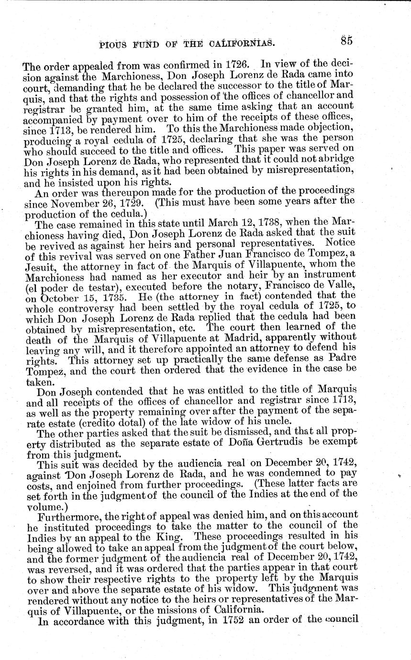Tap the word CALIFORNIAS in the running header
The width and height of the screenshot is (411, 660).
238,44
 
